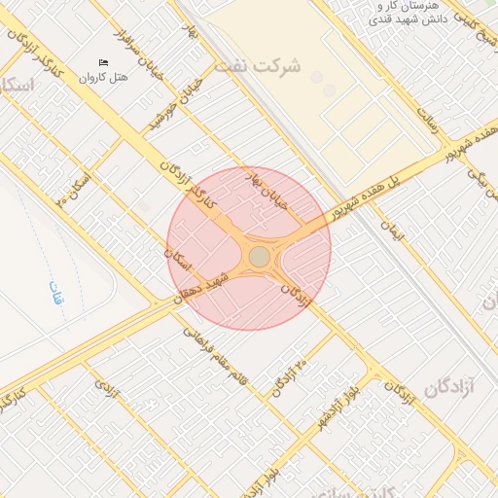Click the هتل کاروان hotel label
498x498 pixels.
(x=104, y=77)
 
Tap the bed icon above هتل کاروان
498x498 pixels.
(x=104, y=63)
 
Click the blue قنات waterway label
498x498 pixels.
(x=56, y=292)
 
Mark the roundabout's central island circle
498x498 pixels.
(x=260, y=256)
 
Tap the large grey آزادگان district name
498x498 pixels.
(x=448, y=387)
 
